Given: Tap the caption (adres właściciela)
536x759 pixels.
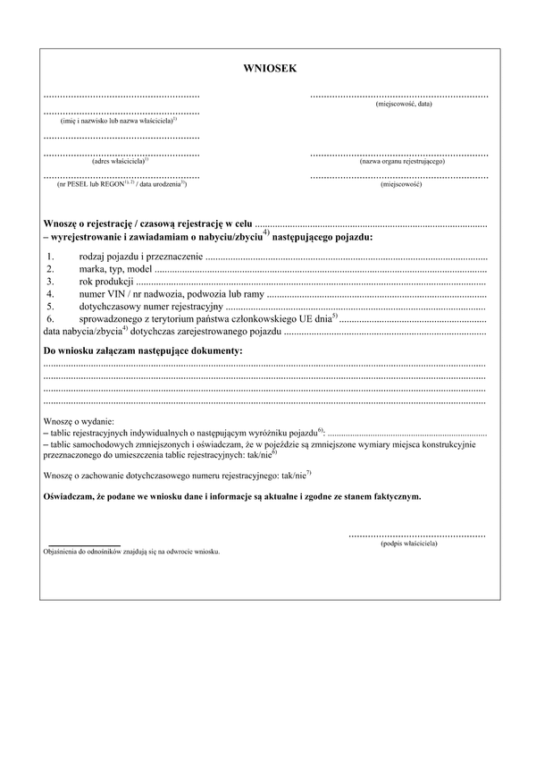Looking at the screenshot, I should click(120, 162).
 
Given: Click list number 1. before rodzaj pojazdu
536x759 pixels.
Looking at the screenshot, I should click(51, 257).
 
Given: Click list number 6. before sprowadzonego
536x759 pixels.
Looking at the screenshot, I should click(51, 317).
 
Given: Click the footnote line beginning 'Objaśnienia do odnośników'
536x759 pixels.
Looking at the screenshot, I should click(130, 552).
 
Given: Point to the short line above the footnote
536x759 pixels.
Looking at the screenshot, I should click(84, 544).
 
